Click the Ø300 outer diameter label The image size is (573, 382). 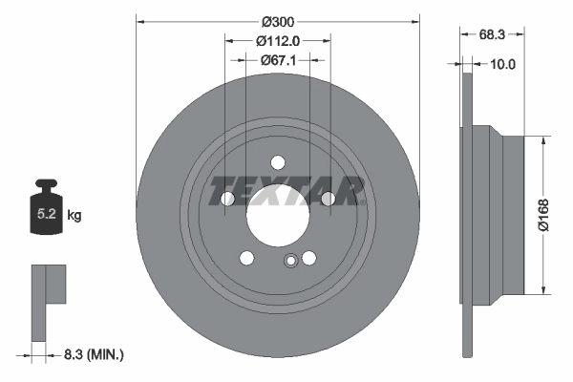pos(278,20)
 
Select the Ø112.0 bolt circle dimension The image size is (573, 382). pos(278,40)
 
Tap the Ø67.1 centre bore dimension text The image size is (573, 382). pos(278,60)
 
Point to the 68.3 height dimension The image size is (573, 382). pos(492,33)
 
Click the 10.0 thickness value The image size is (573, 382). pos(502,65)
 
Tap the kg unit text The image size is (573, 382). pos(74,216)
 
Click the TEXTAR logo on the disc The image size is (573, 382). pos(287,190)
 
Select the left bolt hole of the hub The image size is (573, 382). pos(228,199)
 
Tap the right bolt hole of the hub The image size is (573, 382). pos(328,198)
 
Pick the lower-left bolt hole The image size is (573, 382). pos(247,258)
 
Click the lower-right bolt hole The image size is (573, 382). pos(308,258)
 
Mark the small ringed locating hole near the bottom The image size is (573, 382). pos(290,262)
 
